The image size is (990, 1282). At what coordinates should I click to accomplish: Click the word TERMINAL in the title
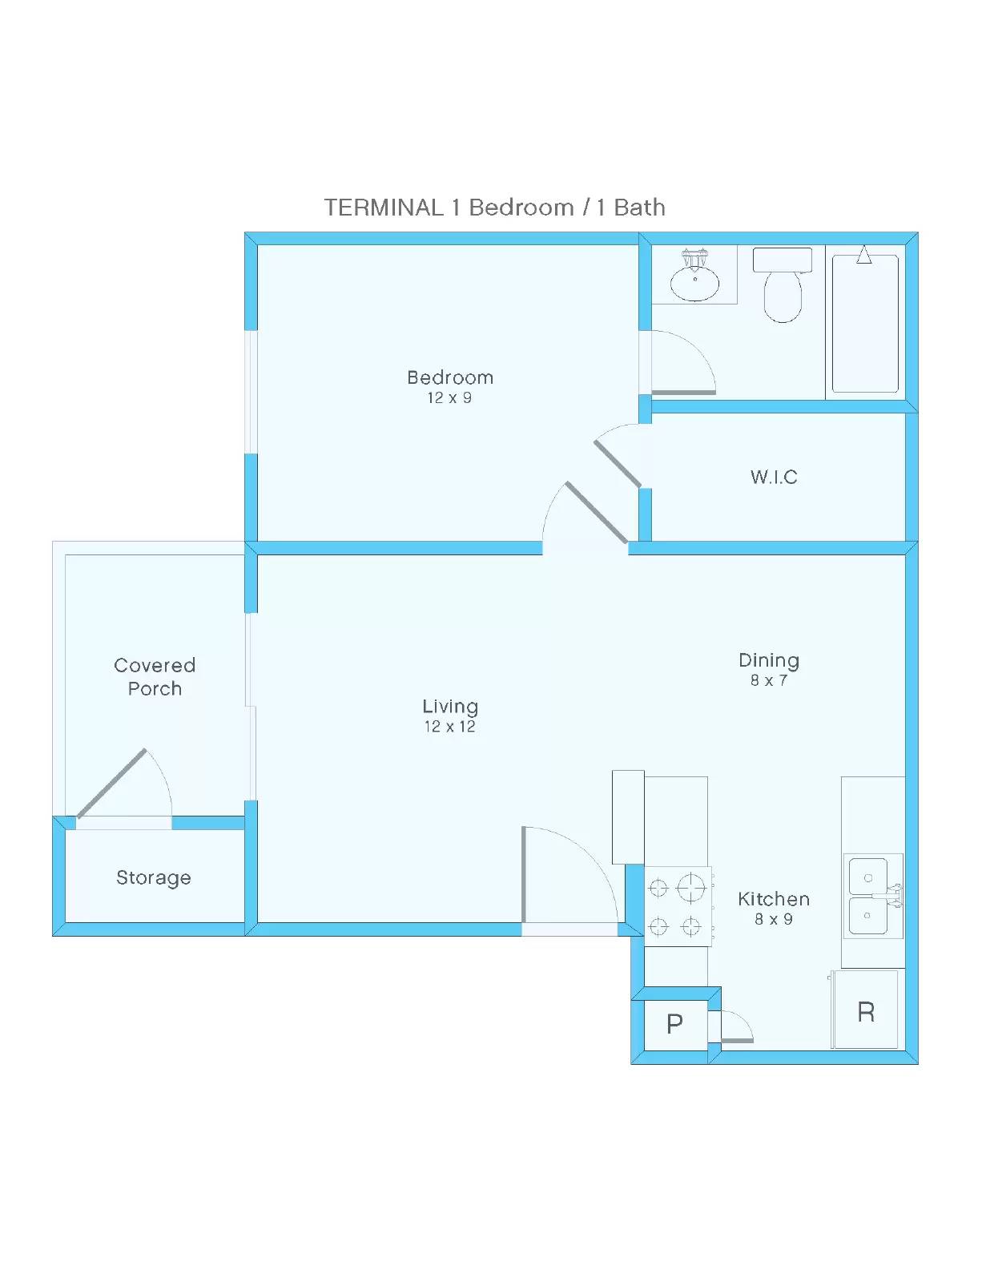[x=383, y=208]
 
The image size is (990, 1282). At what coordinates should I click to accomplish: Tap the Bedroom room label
[x=450, y=377]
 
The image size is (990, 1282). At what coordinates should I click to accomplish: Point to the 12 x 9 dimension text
[x=449, y=398]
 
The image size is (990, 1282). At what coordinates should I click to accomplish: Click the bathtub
[x=865, y=324]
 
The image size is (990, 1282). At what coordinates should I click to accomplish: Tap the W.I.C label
[x=774, y=478]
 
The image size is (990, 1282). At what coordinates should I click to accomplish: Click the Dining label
[x=769, y=660]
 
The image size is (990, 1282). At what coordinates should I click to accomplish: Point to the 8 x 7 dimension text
[x=769, y=681]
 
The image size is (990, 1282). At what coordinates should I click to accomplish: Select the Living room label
[x=450, y=707]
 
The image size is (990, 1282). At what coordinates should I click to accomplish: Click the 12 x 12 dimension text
[x=450, y=727]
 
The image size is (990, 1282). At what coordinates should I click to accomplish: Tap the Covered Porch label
[x=155, y=677]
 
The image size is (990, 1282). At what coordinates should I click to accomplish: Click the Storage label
[x=154, y=877]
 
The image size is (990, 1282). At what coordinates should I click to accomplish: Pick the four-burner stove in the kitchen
[x=677, y=907]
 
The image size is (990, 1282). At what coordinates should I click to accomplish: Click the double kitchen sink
[x=871, y=895]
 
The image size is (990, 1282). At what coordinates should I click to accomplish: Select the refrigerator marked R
[x=866, y=1012]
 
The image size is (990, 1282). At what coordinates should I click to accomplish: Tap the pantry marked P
[x=675, y=1024]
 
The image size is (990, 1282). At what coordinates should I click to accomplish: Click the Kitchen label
[x=774, y=899]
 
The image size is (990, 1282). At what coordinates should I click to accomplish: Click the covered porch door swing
[x=128, y=789]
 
